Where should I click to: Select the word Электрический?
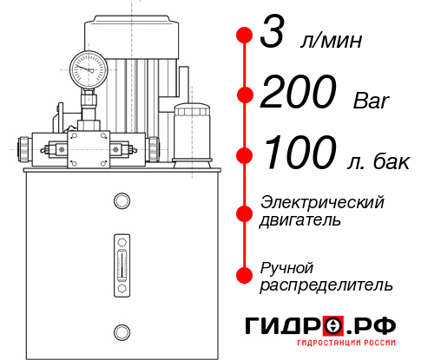pyautogui.click(x=322, y=202)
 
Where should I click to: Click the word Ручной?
pyautogui.click(x=286, y=266)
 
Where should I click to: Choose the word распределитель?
pyautogui.click(x=326, y=285)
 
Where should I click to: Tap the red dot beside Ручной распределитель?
pyautogui.click(x=245, y=274)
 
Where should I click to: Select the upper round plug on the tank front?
pyautogui.click(x=121, y=201)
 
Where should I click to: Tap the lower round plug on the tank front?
pyautogui.click(x=121, y=330)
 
